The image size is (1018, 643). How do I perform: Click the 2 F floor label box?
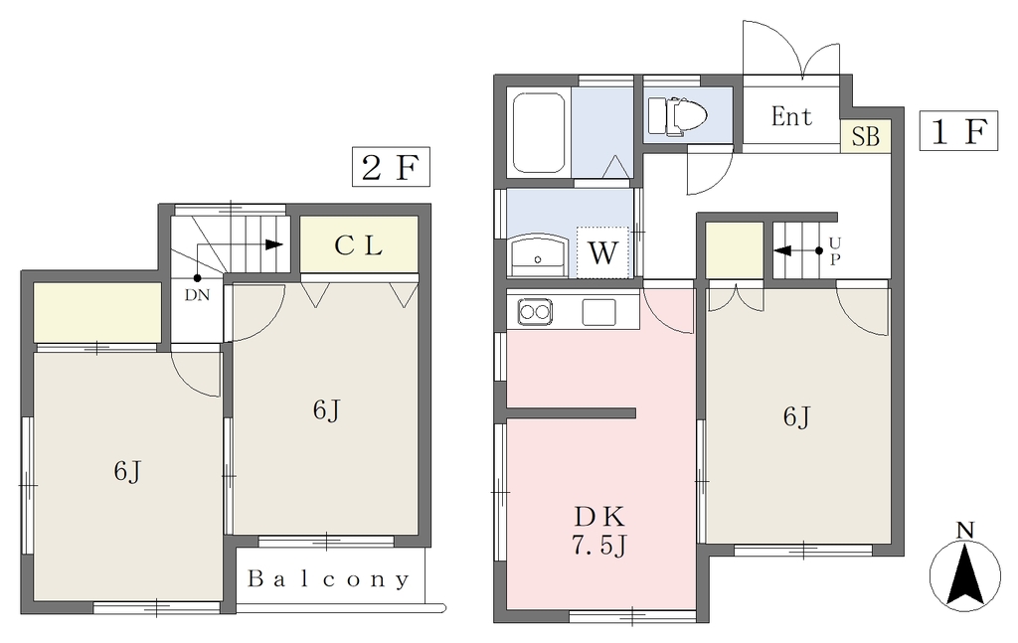(x=391, y=167)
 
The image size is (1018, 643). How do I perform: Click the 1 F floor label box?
(x=958, y=131)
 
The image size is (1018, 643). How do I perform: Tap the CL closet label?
(x=358, y=244)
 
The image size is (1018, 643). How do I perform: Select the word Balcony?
(x=328, y=578)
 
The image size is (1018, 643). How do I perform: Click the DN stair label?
(x=198, y=295)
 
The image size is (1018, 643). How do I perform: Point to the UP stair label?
(x=835, y=251)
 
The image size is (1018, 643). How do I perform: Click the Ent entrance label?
(x=791, y=117)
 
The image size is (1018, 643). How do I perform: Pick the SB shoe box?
(x=866, y=136)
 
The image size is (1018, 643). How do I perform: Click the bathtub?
(x=538, y=132)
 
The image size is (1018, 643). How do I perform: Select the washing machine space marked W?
(x=602, y=252)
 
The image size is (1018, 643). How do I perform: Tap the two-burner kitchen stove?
(x=535, y=312)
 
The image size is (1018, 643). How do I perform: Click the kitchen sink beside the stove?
(x=598, y=312)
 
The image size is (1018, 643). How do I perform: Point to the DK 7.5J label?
(x=599, y=531)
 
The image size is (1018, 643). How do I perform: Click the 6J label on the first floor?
(x=796, y=416)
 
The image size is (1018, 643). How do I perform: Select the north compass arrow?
(x=965, y=574)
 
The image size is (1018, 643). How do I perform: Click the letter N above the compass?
(x=965, y=530)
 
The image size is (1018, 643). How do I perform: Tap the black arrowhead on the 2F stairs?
(x=274, y=244)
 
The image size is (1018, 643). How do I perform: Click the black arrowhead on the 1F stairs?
(x=783, y=250)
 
